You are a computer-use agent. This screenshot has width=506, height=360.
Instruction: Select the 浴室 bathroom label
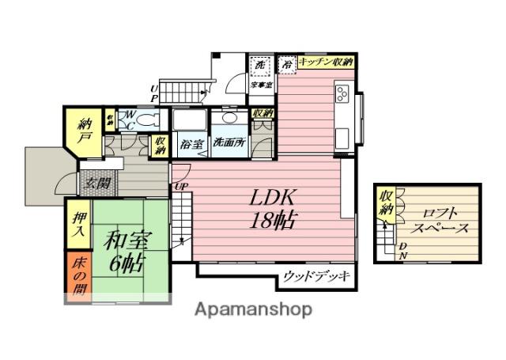click(191, 144)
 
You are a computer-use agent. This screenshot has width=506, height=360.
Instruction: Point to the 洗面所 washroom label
click(229, 144)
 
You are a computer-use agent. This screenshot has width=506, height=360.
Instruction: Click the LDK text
click(274, 197)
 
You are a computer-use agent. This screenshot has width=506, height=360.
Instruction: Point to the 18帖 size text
click(274, 219)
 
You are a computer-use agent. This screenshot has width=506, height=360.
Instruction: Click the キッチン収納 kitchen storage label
click(326, 62)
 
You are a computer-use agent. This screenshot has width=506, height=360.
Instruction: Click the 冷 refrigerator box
click(288, 63)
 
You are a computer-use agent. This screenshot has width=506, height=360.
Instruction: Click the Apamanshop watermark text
click(254, 308)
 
